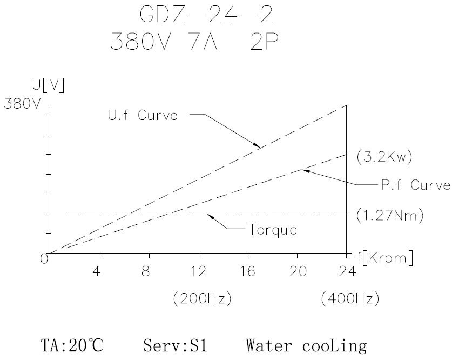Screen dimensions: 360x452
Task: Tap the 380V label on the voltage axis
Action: click(22, 104)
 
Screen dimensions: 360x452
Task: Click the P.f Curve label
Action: click(414, 185)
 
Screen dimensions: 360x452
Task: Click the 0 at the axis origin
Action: click(44, 258)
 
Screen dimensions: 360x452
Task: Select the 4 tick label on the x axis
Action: click(96, 271)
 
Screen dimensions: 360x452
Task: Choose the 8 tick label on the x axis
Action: click(145, 271)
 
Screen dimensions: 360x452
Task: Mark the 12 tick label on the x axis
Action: click(199, 271)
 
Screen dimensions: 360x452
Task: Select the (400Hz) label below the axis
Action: click(346, 298)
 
